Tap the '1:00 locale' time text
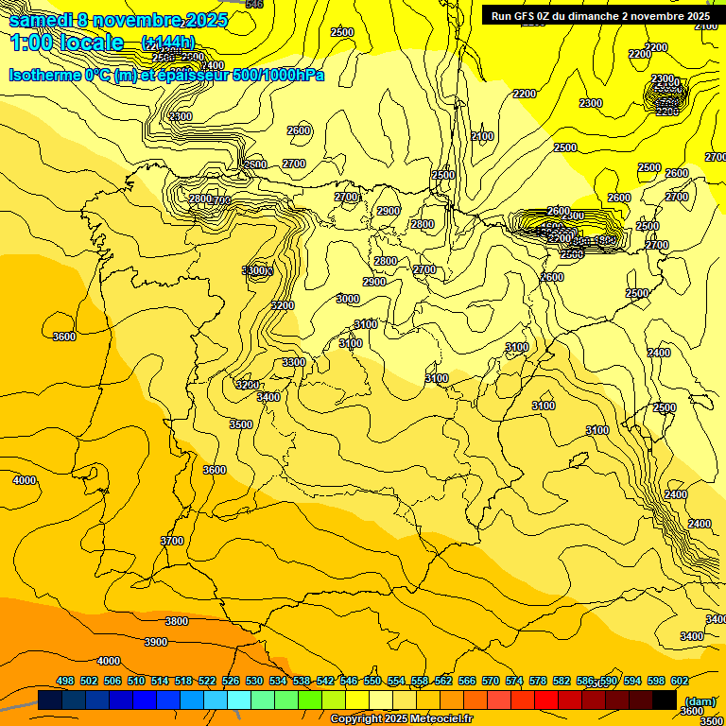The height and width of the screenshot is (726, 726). tap(67, 43)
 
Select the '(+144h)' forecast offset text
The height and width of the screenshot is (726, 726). tap(167, 43)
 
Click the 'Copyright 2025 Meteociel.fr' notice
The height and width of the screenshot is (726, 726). tap(401, 719)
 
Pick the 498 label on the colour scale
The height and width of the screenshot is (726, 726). tap(65, 681)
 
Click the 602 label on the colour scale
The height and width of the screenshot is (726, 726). tap(679, 681)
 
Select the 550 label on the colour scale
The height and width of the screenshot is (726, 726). tap(372, 681)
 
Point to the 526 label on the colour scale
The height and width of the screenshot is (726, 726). tap(231, 681)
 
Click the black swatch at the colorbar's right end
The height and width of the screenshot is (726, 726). tap(665, 700)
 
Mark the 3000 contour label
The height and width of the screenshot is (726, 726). tap(348, 299)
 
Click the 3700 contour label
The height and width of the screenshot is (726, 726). tap(172, 541)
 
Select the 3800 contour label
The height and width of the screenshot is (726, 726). tap(177, 621)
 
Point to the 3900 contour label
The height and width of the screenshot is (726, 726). tap(156, 642)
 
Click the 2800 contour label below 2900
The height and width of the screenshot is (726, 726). tap(386, 261)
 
